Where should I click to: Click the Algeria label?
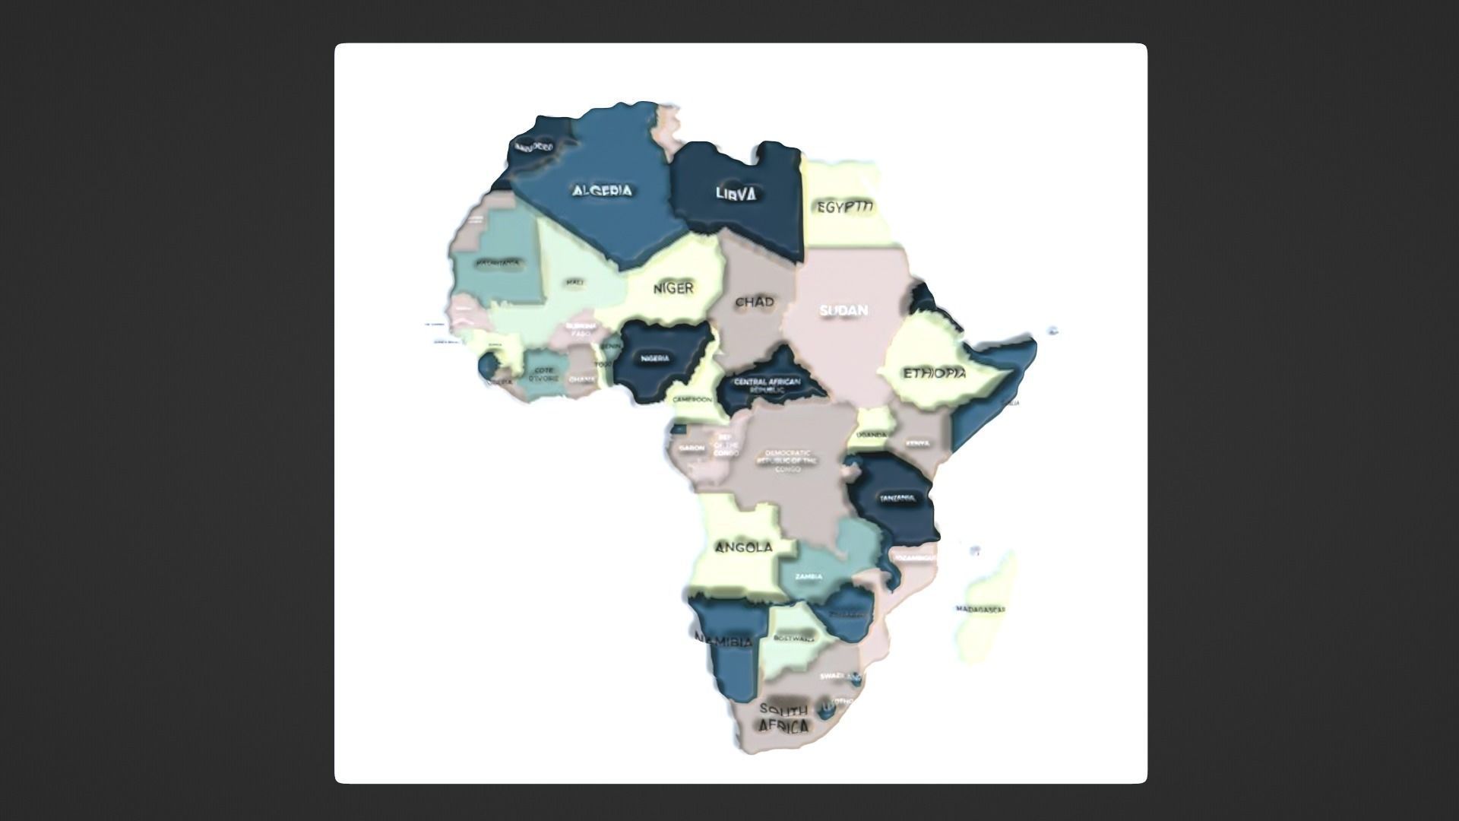(x=603, y=190)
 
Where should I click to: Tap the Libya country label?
(x=736, y=194)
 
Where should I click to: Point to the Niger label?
(x=673, y=288)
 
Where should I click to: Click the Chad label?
(x=754, y=302)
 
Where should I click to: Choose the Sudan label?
(x=843, y=310)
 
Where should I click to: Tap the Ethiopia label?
(x=934, y=373)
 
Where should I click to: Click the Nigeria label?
(x=655, y=358)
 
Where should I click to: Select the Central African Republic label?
(x=766, y=385)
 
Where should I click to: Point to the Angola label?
(x=744, y=547)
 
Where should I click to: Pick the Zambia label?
(x=809, y=576)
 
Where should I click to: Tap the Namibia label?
(x=724, y=642)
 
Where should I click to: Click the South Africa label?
(x=783, y=718)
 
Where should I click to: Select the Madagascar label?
(x=980, y=609)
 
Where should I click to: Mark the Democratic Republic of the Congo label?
(x=788, y=461)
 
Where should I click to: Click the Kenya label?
(x=917, y=443)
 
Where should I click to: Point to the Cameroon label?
(x=692, y=399)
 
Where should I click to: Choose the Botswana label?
(x=793, y=639)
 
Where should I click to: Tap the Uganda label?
(x=871, y=435)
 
